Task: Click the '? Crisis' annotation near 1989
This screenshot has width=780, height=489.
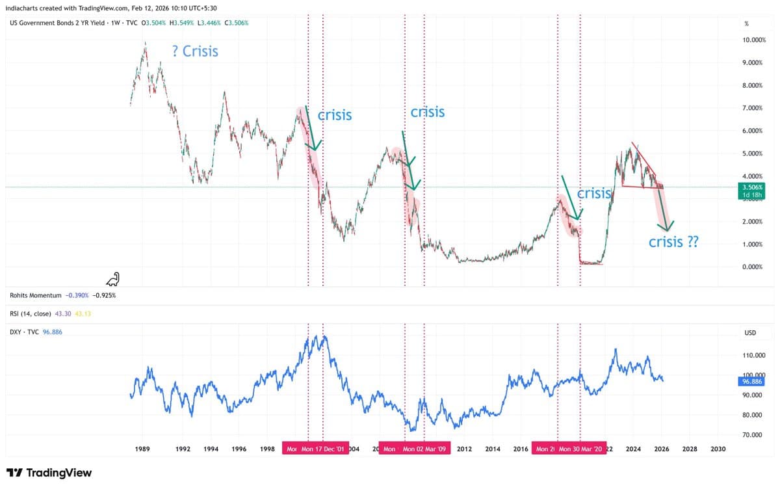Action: click(195, 51)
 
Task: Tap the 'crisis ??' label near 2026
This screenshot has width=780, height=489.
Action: click(674, 242)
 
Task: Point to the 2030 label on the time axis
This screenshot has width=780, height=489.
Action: click(718, 449)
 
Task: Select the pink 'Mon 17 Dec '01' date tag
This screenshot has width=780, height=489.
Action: click(322, 449)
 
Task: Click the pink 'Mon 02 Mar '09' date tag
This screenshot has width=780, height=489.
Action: click(424, 449)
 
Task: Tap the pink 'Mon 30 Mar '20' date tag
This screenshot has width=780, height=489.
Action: click(580, 449)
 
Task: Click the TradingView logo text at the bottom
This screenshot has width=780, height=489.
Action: click(49, 473)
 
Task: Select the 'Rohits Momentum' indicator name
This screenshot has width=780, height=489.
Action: click(36, 295)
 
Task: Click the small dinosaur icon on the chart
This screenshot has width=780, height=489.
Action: click(114, 280)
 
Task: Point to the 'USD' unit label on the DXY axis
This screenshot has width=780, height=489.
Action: click(750, 332)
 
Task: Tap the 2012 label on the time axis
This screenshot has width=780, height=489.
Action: click(464, 449)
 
